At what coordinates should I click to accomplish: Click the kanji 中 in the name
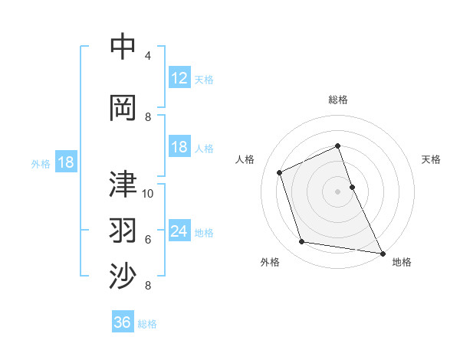point(123,47)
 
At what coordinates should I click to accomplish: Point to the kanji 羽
point(123,229)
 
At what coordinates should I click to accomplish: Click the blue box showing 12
point(179,78)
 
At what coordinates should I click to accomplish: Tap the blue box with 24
point(179,231)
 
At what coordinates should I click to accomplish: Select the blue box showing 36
point(123,322)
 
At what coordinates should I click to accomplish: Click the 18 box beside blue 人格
point(179,147)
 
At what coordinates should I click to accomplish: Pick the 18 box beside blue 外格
point(65,162)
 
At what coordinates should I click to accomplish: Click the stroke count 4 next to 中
point(148,56)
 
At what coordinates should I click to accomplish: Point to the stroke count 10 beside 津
point(148,193)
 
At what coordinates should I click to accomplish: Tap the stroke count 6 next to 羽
point(148,239)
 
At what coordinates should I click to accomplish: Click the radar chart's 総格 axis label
point(338,100)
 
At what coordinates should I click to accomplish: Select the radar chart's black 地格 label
point(402,263)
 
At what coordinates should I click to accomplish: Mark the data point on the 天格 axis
point(352,187)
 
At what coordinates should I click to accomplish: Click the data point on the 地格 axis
point(383,252)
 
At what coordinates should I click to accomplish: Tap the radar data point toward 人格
point(280,172)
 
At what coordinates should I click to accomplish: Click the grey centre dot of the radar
point(338,191)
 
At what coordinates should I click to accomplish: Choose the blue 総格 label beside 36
point(148,324)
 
